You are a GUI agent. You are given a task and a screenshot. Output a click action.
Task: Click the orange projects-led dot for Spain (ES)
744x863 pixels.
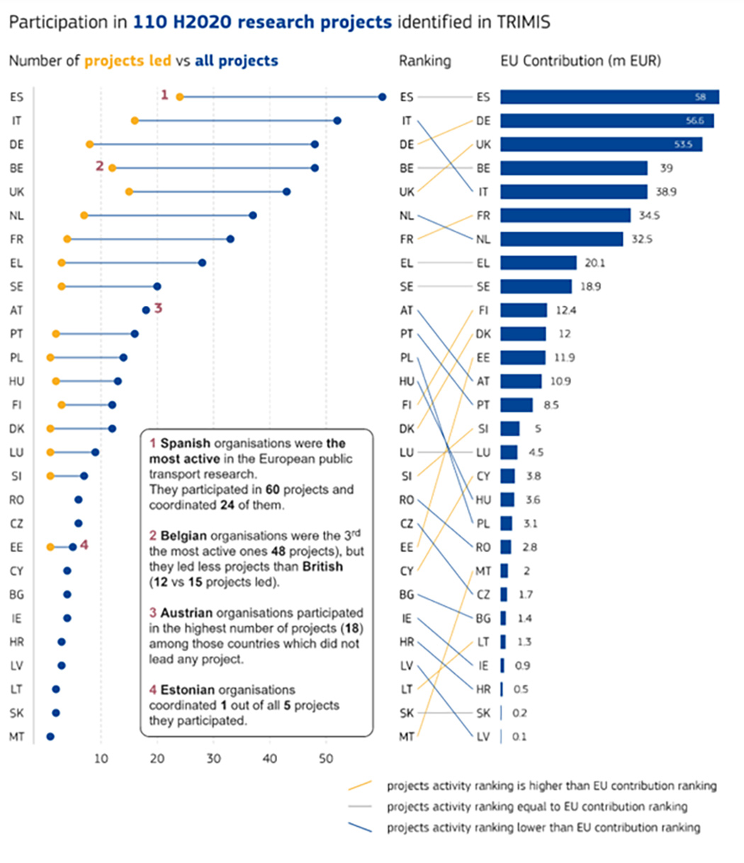click(180, 97)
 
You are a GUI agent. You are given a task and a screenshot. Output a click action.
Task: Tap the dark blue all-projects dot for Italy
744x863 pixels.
click(337, 120)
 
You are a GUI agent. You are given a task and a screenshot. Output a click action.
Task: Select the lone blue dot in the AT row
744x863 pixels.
click(146, 310)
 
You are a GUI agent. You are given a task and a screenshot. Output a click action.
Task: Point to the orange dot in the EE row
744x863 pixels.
click(50, 547)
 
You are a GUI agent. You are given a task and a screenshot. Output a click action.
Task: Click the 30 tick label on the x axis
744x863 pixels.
click(213, 759)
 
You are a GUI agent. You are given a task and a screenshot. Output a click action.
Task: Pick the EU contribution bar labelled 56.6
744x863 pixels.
click(607, 120)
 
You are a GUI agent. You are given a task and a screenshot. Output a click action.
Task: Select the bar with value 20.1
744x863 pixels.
click(539, 263)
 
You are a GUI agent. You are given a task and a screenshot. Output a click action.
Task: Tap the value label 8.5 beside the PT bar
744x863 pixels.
click(551, 405)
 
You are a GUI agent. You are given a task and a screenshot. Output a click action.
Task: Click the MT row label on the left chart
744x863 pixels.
click(17, 737)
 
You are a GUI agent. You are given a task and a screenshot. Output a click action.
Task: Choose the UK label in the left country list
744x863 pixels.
click(17, 192)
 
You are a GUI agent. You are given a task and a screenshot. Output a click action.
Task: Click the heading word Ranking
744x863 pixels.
click(425, 61)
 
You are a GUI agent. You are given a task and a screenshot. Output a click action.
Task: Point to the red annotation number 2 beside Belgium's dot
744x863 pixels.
click(99, 166)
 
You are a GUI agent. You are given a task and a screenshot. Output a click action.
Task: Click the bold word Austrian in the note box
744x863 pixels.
click(186, 613)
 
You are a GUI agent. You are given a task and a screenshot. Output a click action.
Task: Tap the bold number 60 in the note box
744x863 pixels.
click(273, 489)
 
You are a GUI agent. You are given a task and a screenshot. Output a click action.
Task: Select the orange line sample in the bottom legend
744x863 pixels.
click(360, 785)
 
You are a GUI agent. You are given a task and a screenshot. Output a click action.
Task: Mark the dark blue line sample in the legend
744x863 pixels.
click(360, 827)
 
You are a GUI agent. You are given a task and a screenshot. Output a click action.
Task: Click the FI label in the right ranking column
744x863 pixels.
click(483, 310)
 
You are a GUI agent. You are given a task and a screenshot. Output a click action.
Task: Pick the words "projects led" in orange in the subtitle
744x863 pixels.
click(128, 61)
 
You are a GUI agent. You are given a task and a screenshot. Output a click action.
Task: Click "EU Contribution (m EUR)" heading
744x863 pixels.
click(581, 61)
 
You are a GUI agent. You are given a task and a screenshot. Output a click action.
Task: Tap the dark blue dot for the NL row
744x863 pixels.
click(253, 215)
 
